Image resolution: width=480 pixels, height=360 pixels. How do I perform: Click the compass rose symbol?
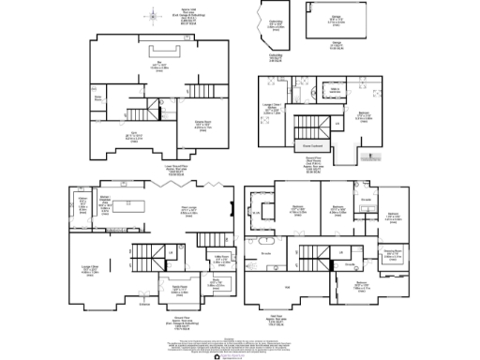tap(148, 15)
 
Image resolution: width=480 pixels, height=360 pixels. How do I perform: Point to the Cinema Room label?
tap(202, 125)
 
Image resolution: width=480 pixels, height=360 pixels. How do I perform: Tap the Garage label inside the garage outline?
tap(336, 20)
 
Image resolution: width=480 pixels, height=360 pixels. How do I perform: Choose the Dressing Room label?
tap(393, 252)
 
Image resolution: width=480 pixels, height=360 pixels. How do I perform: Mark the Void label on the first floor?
tap(287, 287)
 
